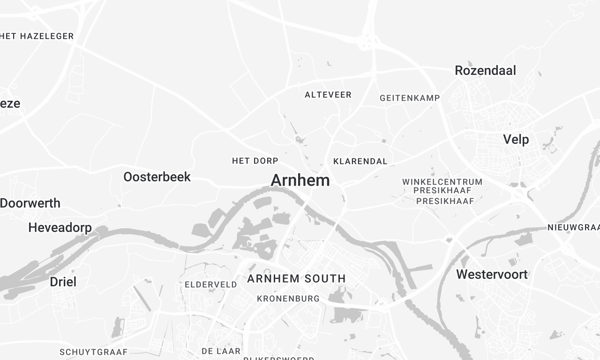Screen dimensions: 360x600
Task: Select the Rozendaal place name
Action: (x=486, y=71)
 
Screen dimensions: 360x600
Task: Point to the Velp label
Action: (x=516, y=139)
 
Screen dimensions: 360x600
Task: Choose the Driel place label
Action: (x=63, y=282)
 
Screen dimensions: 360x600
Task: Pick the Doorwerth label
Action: (x=30, y=202)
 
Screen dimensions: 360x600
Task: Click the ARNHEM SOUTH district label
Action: (x=296, y=278)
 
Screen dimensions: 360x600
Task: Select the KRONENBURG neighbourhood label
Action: (x=287, y=298)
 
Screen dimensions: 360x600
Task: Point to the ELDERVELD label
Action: (x=211, y=284)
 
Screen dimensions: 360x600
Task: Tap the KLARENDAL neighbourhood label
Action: (x=359, y=160)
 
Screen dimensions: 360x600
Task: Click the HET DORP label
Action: (x=253, y=160)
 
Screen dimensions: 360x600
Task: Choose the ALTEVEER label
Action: (x=328, y=95)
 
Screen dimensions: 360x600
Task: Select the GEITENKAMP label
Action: (x=410, y=98)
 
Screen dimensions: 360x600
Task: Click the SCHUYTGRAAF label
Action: (x=91, y=352)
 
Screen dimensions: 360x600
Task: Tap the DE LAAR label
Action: (x=221, y=351)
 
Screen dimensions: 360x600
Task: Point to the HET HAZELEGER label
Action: (x=37, y=36)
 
